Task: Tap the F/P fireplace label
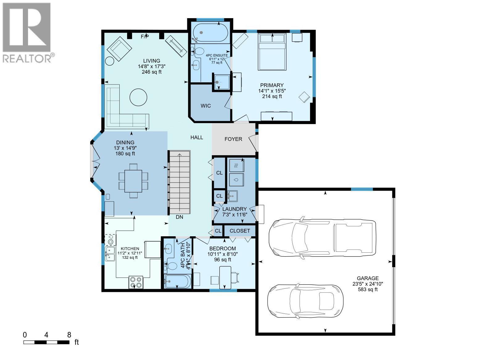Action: coord(145,37)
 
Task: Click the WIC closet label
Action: coord(206,106)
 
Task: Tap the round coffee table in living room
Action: coord(138,97)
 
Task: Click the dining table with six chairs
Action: coord(133,180)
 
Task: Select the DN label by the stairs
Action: coord(180,217)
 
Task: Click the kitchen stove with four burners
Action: coord(136,282)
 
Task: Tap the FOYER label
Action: coord(233,139)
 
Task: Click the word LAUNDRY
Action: coord(234,209)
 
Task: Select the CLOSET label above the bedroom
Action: coord(240,231)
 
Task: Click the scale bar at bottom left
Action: coord(46,342)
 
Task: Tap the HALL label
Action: coord(197,137)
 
